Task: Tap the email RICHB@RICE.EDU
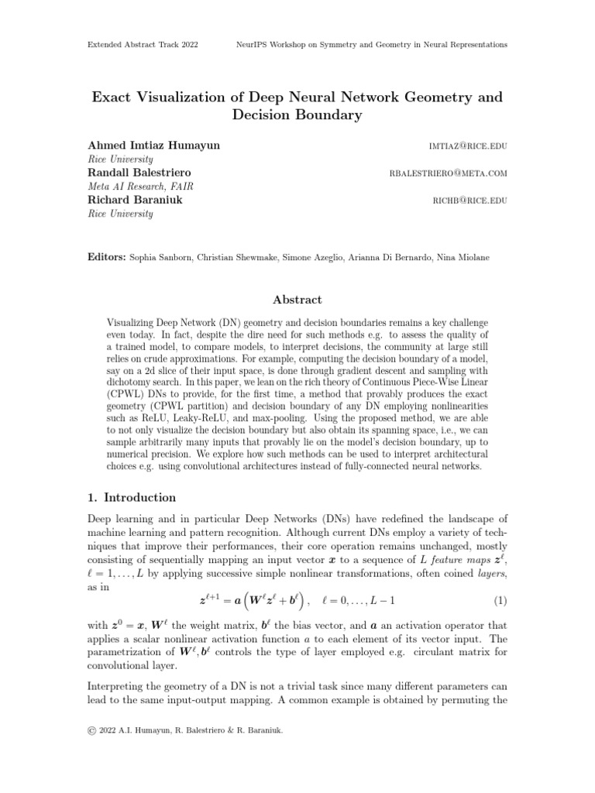[x=470, y=200]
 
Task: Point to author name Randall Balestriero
[x=139, y=173]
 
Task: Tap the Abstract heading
[x=297, y=300]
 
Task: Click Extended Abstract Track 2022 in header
[x=143, y=45]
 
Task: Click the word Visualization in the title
[x=190, y=98]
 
